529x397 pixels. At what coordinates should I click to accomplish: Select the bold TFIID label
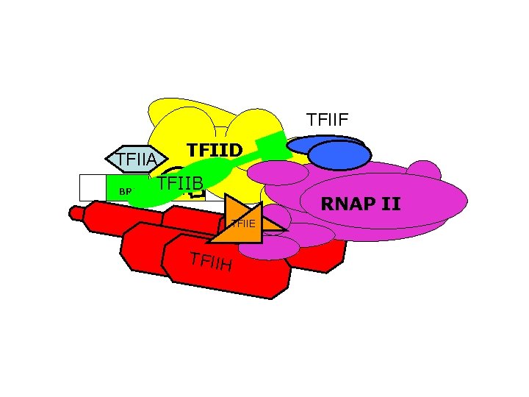[x=214, y=150]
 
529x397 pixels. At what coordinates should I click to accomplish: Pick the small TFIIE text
[x=242, y=223]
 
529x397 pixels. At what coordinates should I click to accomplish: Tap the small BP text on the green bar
[x=125, y=192]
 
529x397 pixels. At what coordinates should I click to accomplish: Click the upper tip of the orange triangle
[x=228, y=196]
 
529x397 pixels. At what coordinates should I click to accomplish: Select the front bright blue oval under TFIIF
[x=339, y=155]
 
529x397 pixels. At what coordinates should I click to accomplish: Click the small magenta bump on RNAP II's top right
[x=424, y=171]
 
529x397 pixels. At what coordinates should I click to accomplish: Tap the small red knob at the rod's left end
[x=76, y=213]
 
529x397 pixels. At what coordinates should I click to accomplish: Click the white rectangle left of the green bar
[x=92, y=187]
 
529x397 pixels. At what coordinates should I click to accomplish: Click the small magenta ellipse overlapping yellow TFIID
[x=278, y=172]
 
